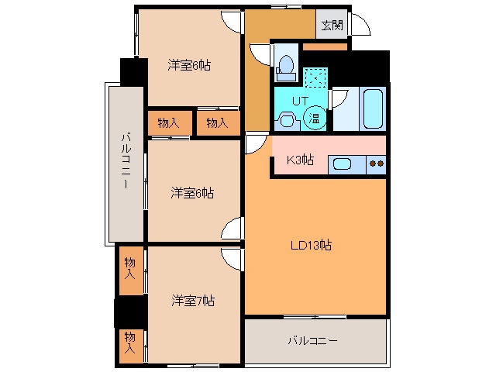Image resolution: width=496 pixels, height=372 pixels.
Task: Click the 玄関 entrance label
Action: (332, 25)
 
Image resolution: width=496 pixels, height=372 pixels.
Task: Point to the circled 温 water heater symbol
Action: (315, 118)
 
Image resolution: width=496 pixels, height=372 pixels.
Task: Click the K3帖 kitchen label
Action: (300, 160)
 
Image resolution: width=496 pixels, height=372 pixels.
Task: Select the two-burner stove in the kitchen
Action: (377, 164)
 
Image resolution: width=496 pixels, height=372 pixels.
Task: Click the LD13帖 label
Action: (311, 246)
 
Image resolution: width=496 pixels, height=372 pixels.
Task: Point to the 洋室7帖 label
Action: (193, 301)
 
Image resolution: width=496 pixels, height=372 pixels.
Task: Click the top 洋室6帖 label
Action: (190, 66)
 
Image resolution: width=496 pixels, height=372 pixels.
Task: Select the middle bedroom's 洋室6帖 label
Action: (193, 192)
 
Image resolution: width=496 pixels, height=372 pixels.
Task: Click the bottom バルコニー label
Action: (312, 340)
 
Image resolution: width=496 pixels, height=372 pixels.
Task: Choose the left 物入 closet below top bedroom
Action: (168, 122)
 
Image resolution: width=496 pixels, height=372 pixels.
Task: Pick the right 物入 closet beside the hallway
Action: (217, 122)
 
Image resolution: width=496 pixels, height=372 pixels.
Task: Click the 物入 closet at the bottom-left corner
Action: (130, 342)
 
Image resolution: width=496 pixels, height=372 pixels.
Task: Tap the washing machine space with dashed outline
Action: (315, 77)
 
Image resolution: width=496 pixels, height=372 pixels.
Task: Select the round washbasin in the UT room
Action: (286, 120)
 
